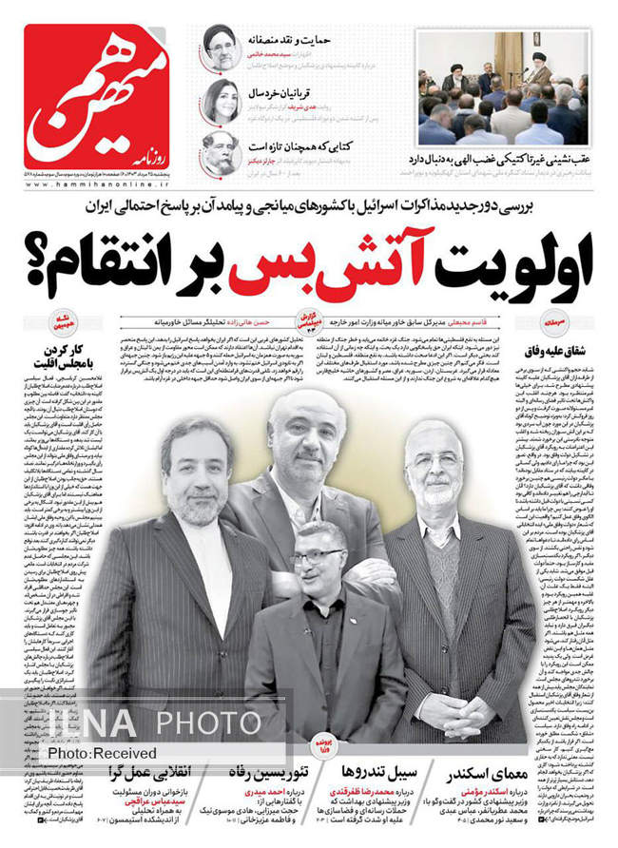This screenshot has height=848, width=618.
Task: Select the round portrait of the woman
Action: click(219, 101)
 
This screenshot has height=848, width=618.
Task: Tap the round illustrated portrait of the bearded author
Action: click(219, 153)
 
